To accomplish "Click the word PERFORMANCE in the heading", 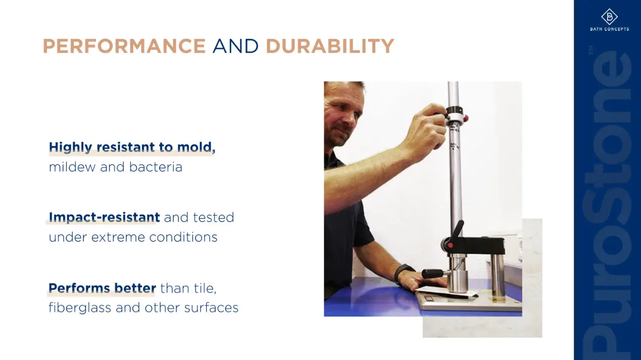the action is [x=124, y=46].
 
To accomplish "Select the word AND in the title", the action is [x=235, y=46].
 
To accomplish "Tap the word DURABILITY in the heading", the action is [x=330, y=46].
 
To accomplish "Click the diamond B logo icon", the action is [x=609, y=17].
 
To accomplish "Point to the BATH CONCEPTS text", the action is [x=610, y=29].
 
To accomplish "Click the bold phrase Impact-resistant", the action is [x=104, y=217].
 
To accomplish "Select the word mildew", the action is [x=72, y=167].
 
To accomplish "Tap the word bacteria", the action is [x=156, y=167].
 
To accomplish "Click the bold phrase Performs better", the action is [x=102, y=288].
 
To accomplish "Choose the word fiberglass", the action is [x=80, y=308].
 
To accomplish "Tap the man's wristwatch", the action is [x=403, y=273].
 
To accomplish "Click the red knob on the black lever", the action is [x=450, y=245].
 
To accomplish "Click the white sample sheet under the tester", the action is [x=447, y=293].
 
